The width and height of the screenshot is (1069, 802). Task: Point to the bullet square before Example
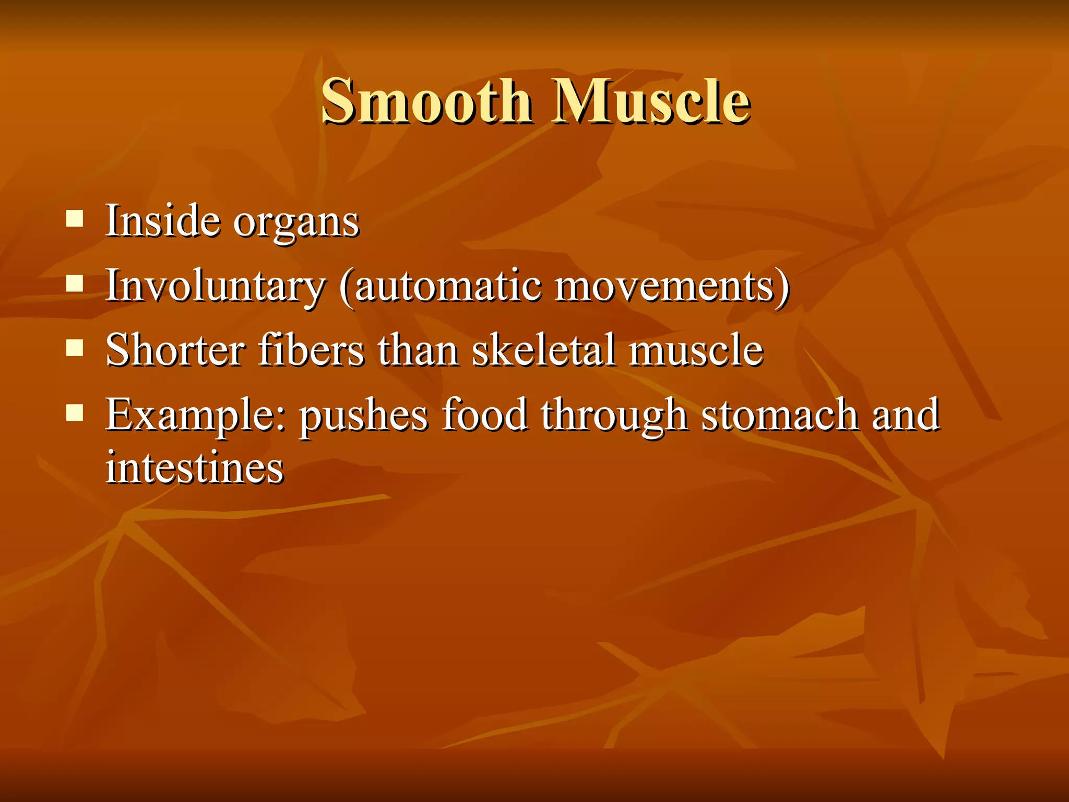75,412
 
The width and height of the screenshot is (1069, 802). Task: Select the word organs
296,223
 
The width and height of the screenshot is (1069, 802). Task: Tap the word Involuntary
216,286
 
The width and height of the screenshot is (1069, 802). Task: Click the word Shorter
175,350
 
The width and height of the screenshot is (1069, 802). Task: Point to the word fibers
311,350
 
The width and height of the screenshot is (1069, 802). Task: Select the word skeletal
543,350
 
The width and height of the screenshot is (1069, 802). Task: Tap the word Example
195,416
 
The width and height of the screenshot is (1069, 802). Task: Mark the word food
484,415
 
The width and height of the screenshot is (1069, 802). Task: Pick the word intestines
195,467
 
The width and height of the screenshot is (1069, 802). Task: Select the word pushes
363,417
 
